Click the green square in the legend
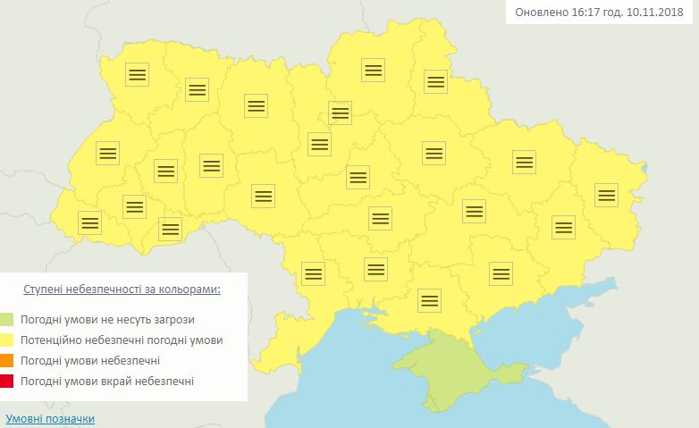7,319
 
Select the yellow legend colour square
7,340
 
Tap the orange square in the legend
7,361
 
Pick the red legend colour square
7,382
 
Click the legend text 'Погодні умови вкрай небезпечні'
106,382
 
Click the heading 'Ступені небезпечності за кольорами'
121,290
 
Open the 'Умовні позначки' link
49,418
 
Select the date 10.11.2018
656,13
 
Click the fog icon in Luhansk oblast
606,194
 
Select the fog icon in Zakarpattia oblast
89,222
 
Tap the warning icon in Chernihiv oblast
373,70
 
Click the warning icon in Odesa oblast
313,273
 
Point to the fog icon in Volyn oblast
137,74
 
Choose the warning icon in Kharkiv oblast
524,162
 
